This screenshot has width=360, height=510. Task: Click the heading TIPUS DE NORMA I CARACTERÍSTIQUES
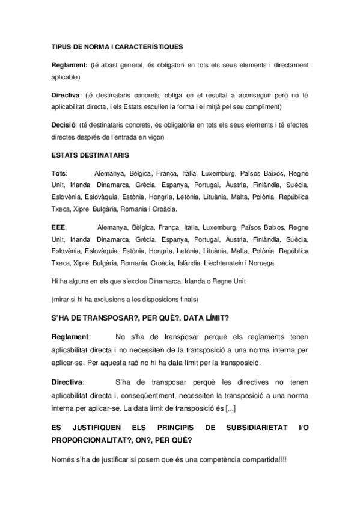(117, 46)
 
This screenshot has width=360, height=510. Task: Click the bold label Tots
(59, 173)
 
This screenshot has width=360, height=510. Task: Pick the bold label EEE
(58, 227)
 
